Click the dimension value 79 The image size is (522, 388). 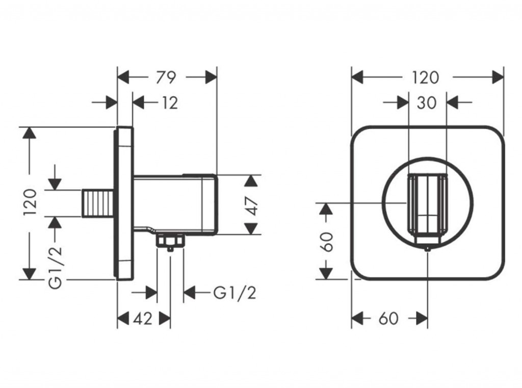pos(166,77)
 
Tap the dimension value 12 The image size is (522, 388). pos(170,103)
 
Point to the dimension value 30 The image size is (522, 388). pos(427,103)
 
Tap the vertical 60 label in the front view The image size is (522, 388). pos(327,241)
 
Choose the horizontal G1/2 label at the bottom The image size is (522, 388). pos(234,293)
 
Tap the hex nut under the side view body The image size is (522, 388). pos(170,240)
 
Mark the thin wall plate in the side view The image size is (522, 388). pos(125,203)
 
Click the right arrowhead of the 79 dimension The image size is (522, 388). pos(211,77)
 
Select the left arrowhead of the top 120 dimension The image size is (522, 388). pos(357,77)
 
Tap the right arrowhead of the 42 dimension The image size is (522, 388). pos(165,319)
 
